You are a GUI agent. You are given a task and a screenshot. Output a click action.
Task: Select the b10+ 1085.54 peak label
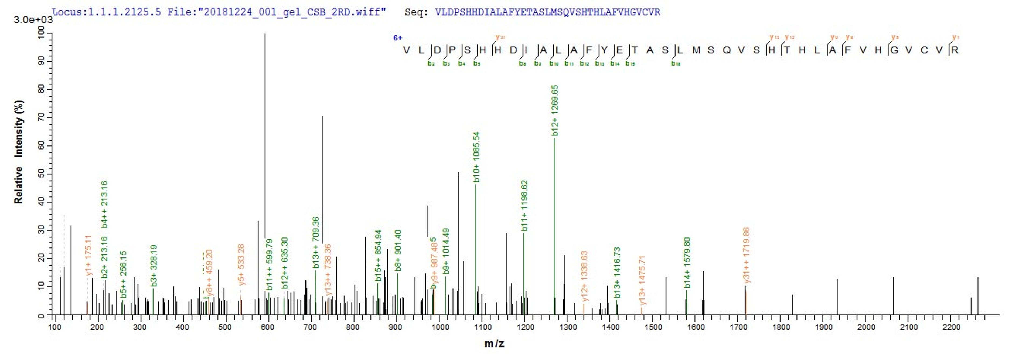(x=476, y=157)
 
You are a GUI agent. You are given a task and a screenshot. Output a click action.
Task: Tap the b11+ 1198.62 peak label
(x=524, y=206)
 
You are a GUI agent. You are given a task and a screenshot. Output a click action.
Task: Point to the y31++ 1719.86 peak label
(x=747, y=255)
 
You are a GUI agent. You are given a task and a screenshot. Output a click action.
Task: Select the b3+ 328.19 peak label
(x=154, y=266)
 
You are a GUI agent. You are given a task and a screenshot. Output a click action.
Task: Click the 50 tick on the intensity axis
(x=41, y=174)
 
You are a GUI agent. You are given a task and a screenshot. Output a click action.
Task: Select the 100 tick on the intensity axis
(x=41, y=33)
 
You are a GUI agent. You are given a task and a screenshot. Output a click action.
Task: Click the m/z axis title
(x=494, y=344)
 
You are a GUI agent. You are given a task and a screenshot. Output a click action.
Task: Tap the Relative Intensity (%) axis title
(x=19, y=152)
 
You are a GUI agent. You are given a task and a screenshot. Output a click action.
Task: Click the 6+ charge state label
(x=397, y=38)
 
